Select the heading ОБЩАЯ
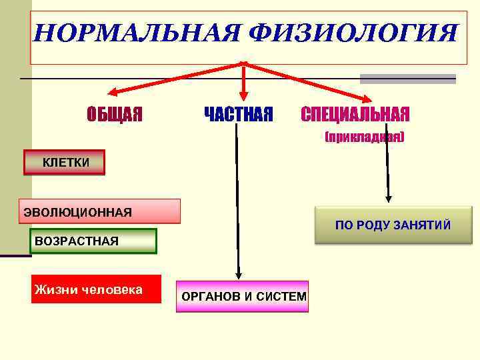coord(115,115)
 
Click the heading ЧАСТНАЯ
coord(238,115)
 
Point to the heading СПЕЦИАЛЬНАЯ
coord(355,115)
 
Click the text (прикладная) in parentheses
coord(364,137)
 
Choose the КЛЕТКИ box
coord(65,162)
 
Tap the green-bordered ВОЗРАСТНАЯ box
coord(94,241)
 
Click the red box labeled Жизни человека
coord(97,289)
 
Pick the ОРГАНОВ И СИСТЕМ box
coord(243,297)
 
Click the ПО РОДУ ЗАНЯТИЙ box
coord(393,225)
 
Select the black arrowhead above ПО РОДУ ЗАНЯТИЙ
coord(389,197)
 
